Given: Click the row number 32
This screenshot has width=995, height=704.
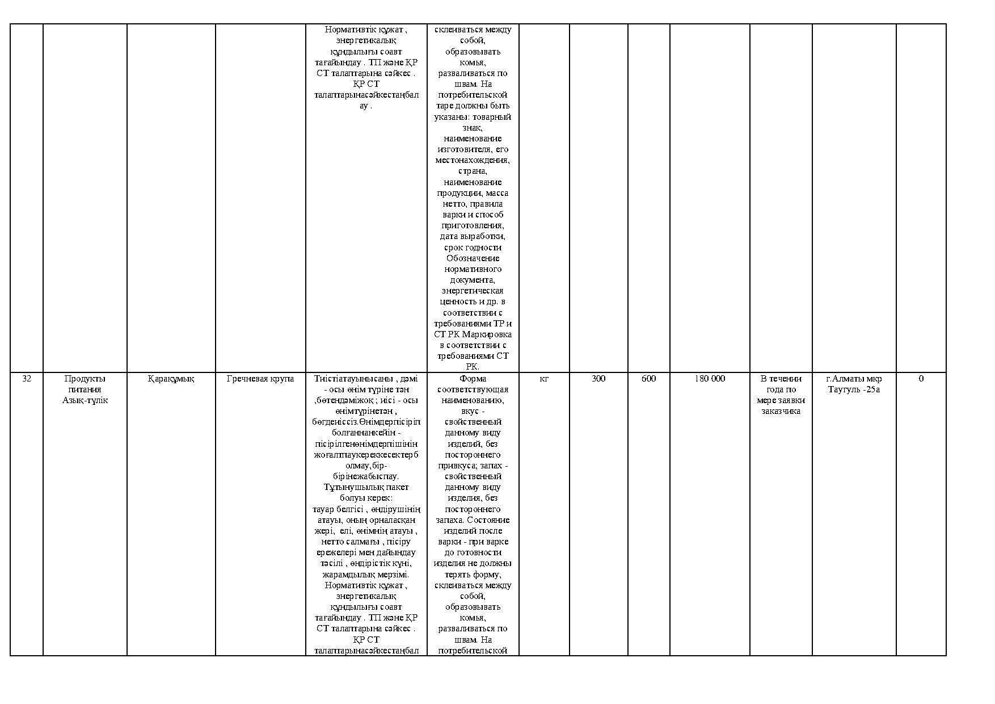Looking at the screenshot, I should pyautogui.click(x=27, y=379).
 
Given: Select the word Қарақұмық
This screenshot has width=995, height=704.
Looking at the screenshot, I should pyautogui.click(x=171, y=379).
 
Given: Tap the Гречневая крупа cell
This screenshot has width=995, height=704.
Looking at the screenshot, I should pyautogui.click(x=260, y=379).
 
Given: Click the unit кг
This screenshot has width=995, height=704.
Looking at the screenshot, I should pyautogui.click(x=543, y=379).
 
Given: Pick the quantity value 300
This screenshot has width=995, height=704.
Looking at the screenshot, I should pyautogui.click(x=598, y=379).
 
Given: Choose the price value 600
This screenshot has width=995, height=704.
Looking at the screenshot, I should pyautogui.click(x=648, y=379).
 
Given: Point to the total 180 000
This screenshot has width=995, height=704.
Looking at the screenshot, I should pyautogui.click(x=710, y=379).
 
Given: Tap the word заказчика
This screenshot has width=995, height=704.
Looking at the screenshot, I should pyautogui.click(x=781, y=411).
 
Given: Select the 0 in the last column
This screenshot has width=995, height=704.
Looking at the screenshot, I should pyautogui.click(x=921, y=379).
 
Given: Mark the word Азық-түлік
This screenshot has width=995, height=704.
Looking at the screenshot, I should pyautogui.click(x=85, y=400).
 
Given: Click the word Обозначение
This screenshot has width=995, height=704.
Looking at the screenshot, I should pyautogui.click(x=473, y=258).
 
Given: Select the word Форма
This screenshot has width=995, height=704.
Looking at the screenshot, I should pyautogui.click(x=473, y=379).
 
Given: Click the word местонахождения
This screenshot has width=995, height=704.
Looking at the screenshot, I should pyautogui.click(x=473, y=160).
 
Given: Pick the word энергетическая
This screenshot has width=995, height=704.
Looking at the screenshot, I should pyautogui.click(x=473, y=291).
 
